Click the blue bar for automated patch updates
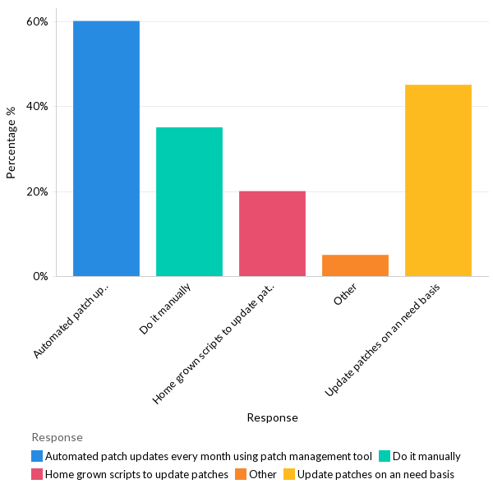(106, 148)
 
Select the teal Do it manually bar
(189, 201)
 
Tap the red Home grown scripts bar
(272, 233)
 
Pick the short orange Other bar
(355, 265)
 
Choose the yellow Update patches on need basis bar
(438, 180)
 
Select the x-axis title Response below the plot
(272, 417)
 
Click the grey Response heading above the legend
(57, 437)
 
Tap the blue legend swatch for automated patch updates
(37, 456)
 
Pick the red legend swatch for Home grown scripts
(37, 474)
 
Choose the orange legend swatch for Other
(240, 474)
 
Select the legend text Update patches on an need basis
(376, 474)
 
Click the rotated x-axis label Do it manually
(166, 309)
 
